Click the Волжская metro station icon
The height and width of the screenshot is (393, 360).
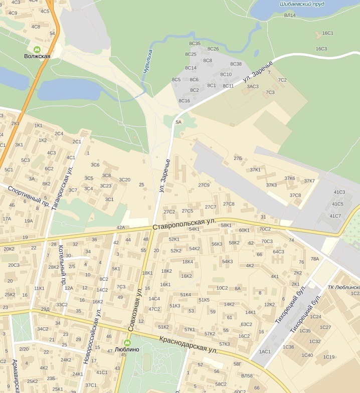pyautogui.click(x=37, y=49)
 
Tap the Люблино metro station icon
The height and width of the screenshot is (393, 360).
pyautogui.click(x=127, y=343)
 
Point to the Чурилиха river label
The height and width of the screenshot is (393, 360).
pyautogui.click(x=148, y=62)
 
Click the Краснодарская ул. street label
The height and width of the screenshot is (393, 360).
pyautogui.click(x=189, y=345)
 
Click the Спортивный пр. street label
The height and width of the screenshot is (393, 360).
pyautogui.click(x=29, y=195)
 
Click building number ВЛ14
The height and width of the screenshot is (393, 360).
pyautogui.click(x=290, y=16)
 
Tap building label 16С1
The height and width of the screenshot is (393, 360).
pyautogui.click(x=327, y=33)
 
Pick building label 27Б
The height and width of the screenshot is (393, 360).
pyautogui.click(x=238, y=158)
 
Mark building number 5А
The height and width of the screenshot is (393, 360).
pyautogui.click(x=178, y=122)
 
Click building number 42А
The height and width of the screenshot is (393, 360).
pyautogui.click(x=120, y=228)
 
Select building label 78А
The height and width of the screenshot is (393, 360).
pyautogui.click(x=314, y=259)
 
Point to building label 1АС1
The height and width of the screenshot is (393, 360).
pyautogui.click(x=265, y=351)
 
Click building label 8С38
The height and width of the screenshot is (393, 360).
pyautogui.click(x=236, y=64)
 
